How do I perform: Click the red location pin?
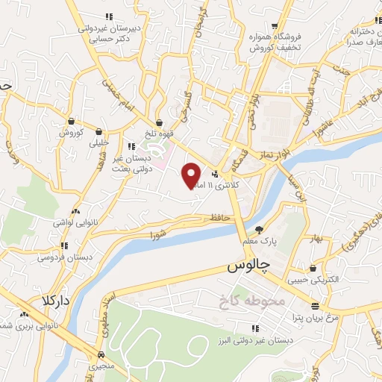click(192, 175)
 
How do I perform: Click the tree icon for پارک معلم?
click(259, 230)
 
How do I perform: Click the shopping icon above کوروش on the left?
click(70, 122)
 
